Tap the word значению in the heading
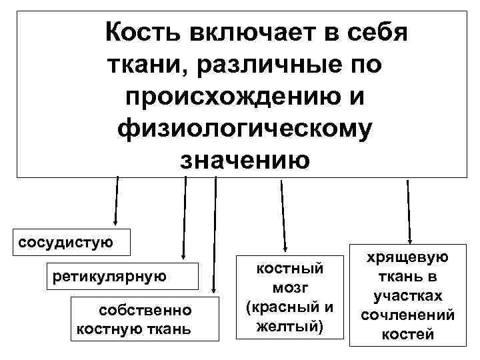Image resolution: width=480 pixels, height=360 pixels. pos(244,160)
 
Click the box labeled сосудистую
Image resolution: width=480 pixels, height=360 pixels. pos(65,240)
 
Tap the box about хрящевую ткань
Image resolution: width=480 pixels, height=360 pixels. pos(407,295)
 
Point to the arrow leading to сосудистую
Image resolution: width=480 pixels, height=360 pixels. pos(117,200)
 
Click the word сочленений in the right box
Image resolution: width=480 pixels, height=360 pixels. pos(408,315)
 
